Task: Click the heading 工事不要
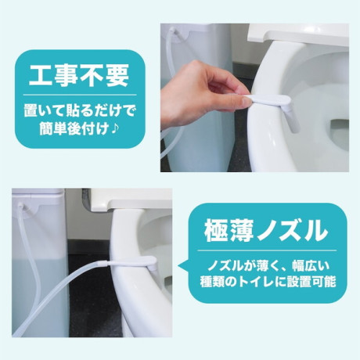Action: (x=79, y=75)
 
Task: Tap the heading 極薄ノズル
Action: (x=266, y=231)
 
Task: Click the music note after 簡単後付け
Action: (x=115, y=128)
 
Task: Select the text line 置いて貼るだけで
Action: (x=79, y=111)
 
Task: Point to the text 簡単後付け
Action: (x=74, y=128)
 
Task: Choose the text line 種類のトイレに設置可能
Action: (x=268, y=283)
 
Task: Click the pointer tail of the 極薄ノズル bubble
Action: (x=183, y=265)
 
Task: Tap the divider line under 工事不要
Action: (x=80, y=95)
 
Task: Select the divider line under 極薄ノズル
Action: (x=267, y=250)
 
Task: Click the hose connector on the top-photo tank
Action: (x=173, y=31)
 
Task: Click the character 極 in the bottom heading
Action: (x=215, y=231)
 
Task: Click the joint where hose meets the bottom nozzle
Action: (x=104, y=263)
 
